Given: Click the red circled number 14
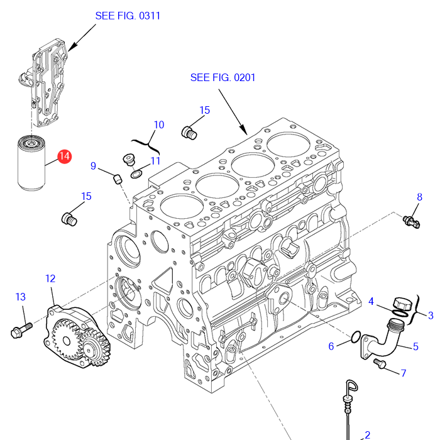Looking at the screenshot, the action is tap(65, 157).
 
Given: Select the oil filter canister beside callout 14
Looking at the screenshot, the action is tap(31, 163).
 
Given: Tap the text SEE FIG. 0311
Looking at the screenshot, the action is tap(128, 16).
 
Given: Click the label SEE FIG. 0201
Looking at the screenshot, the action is tap(223, 77).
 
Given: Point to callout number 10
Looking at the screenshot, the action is tap(159, 124).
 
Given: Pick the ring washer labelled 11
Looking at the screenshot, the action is tap(136, 174).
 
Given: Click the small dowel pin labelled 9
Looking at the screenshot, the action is tap(118, 179).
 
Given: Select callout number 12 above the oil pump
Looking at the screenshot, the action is tap(50, 278).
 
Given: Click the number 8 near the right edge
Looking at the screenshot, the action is tap(419, 197).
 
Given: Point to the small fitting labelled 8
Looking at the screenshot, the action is tap(411, 222).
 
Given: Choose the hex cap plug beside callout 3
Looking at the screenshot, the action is tap(402, 304).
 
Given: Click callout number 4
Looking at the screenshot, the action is tap(371, 301).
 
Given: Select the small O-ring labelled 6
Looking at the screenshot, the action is tap(356, 337).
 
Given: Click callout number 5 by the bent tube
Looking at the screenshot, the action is tap(415, 346).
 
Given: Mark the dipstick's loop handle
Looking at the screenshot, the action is tap(352, 387).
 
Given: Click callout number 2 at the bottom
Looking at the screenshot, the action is tap(367, 435).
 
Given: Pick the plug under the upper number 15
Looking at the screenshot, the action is tap(189, 133).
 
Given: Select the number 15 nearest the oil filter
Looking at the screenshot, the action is tap(87, 196).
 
